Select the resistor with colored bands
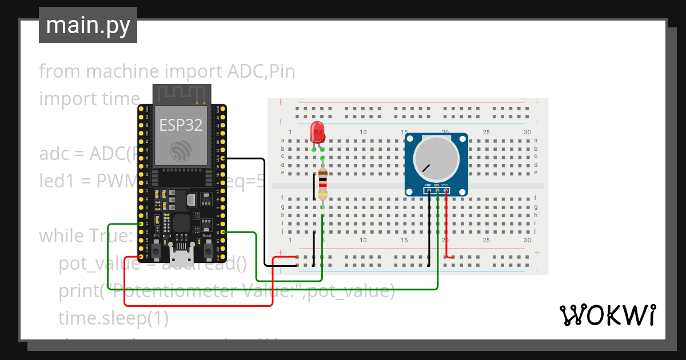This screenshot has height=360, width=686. pyautogui.click(x=323, y=184)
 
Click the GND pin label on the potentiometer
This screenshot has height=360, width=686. pyautogui.click(x=428, y=186)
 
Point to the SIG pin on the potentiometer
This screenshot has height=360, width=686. pyautogui.click(x=437, y=186)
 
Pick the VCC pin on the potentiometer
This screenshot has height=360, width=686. pyautogui.click(x=445, y=186)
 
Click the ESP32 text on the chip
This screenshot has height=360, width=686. pyautogui.click(x=181, y=125)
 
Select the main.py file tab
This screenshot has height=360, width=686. pyautogui.click(x=88, y=25)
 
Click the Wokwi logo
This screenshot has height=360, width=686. pyautogui.click(x=607, y=315)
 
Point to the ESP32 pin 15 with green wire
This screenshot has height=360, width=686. pyautogui.click(x=224, y=232)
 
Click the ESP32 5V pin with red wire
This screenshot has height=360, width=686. pyautogui.click(x=140, y=257)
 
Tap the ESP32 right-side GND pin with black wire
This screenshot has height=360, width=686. pyautogui.click(x=224, y=158)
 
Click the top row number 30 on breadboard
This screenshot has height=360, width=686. pyautogui.click(x=527, y=133)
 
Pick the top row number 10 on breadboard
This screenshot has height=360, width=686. pyautogui.click(x=362, y=133)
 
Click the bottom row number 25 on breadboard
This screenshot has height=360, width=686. pyautogui.click(x=486, y=241)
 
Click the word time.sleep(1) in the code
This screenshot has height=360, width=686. pyautogui.click(x=113, y=318)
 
